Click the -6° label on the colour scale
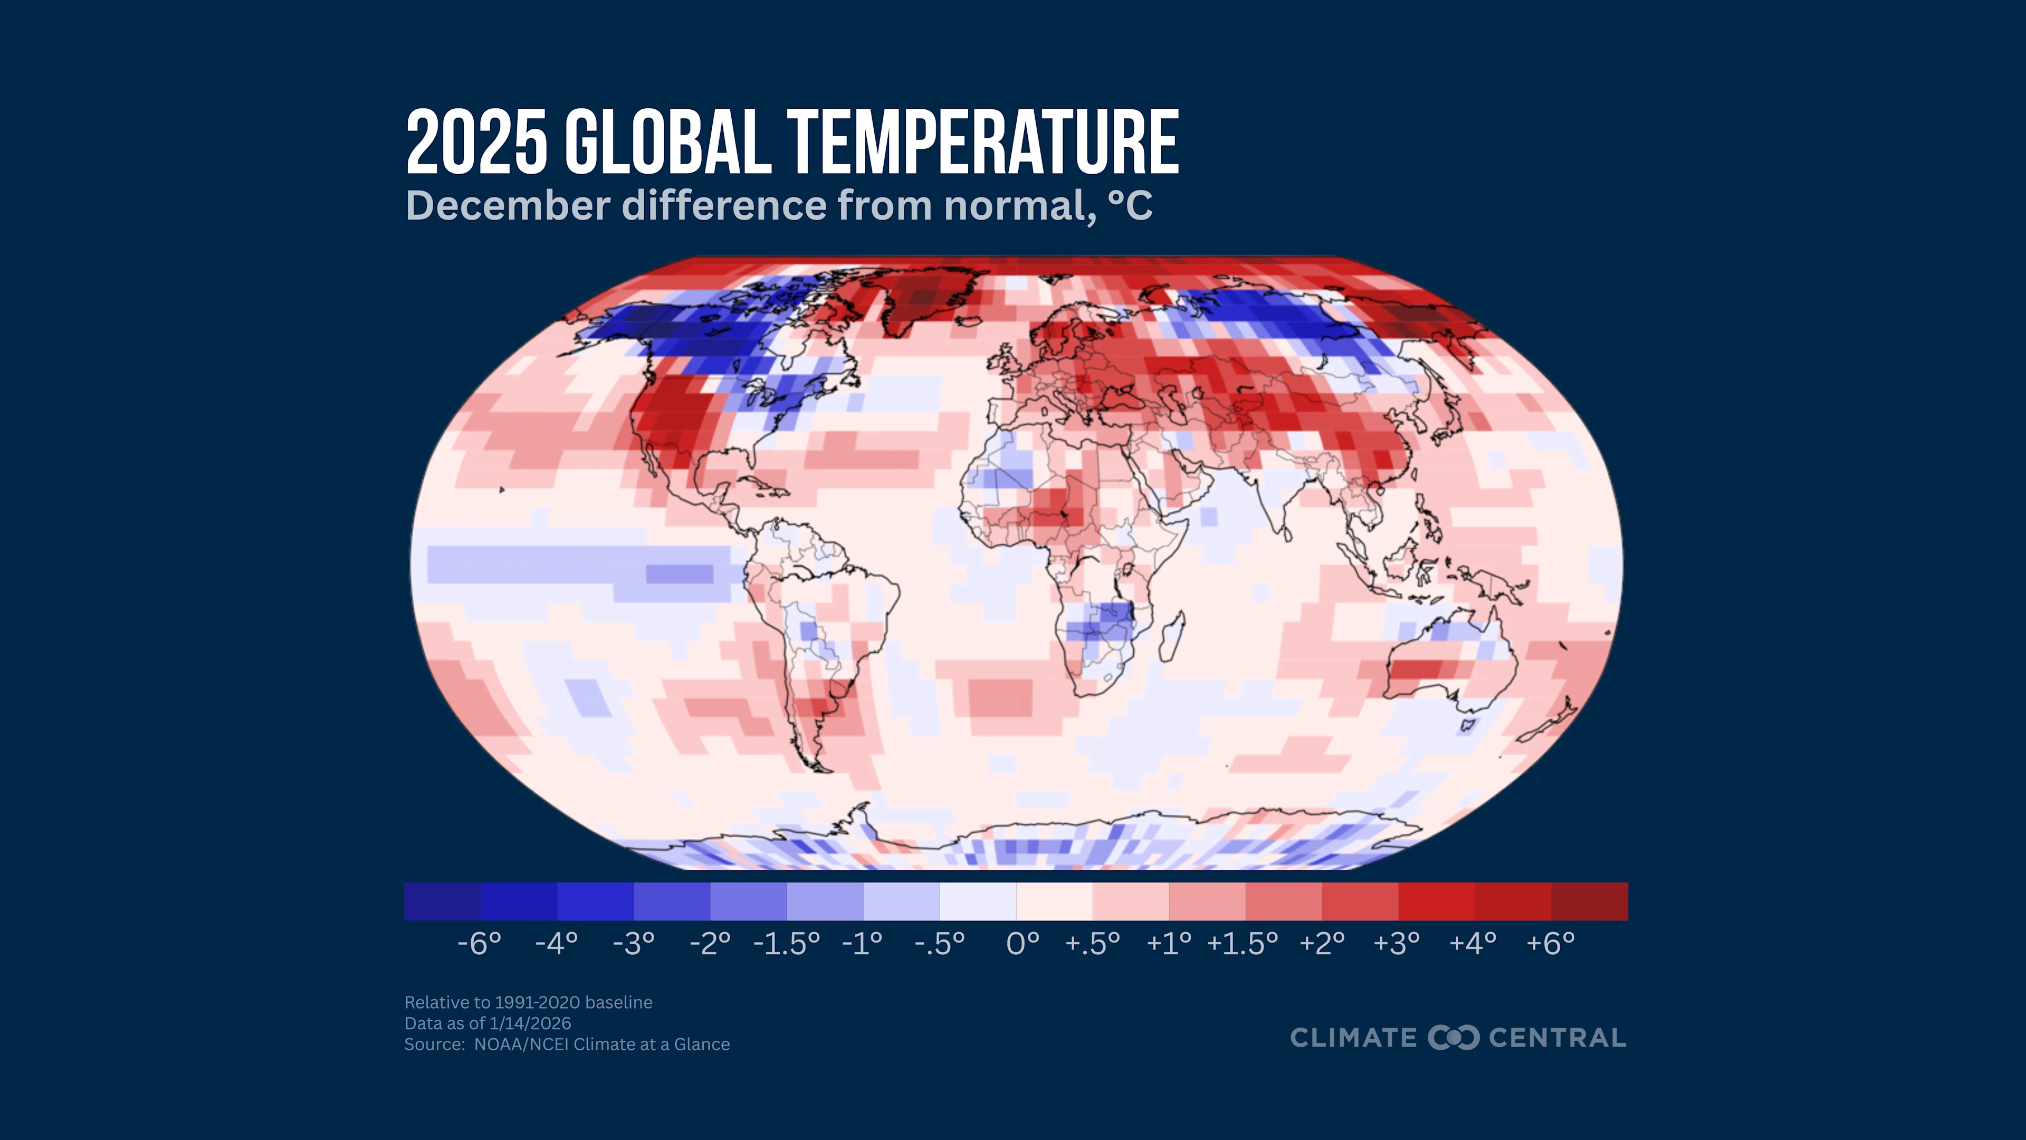pos(479,943)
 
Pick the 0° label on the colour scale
pos(1022,943)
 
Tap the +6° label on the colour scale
pos(1550,943)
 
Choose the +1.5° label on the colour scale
pos(1242,943)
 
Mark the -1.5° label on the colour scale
pos(786,943)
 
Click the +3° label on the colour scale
pos(1396,943)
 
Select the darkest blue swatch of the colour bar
pos(442,901)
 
